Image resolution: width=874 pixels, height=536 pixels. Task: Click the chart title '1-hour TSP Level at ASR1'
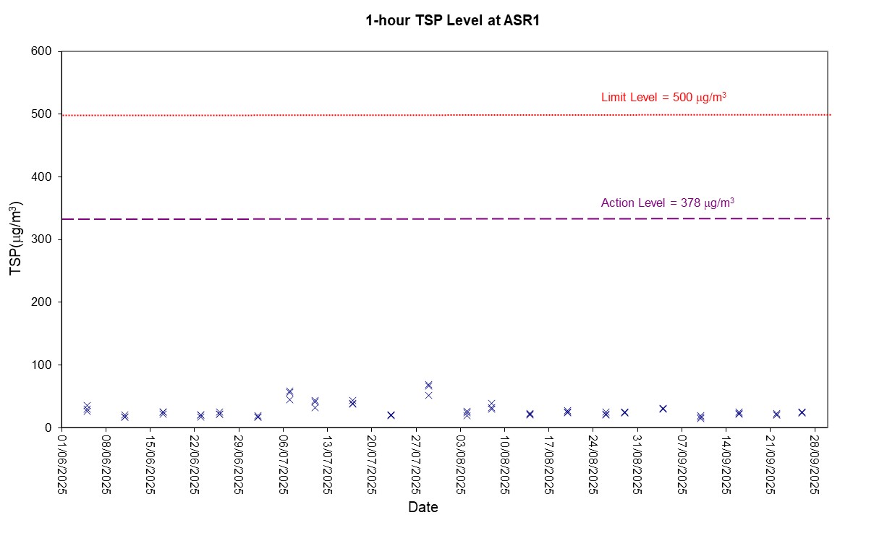click(453, 20)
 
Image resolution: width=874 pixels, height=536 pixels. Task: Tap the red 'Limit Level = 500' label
click(663, 97)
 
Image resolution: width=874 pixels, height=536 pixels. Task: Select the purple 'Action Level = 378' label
click(667, 203)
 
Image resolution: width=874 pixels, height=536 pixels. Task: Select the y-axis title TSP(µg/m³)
click(15, 239)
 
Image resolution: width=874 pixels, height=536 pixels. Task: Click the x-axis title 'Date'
click(423, 507)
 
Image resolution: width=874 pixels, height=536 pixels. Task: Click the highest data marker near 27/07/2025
click(428, 385)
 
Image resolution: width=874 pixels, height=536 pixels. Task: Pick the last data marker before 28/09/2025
click(802, 412)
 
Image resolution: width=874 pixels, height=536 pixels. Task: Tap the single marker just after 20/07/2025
click(391, 415)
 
